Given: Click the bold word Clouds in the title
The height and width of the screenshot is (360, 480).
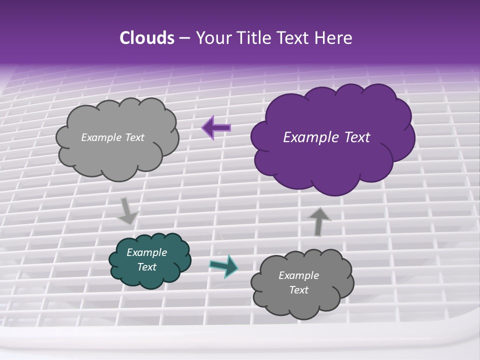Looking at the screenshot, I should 146,38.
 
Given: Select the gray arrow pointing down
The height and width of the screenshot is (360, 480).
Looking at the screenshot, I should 127,210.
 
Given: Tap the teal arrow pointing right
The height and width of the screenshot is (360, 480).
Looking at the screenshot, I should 223,266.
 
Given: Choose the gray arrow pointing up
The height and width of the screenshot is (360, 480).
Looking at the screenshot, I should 319,221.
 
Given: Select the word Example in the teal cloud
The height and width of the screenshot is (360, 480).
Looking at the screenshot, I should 146,252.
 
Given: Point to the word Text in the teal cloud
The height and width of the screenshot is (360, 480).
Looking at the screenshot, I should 147,267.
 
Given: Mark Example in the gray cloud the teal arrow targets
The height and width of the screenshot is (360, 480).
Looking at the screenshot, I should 298,275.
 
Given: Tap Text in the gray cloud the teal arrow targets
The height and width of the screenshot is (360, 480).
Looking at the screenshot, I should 298,290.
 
